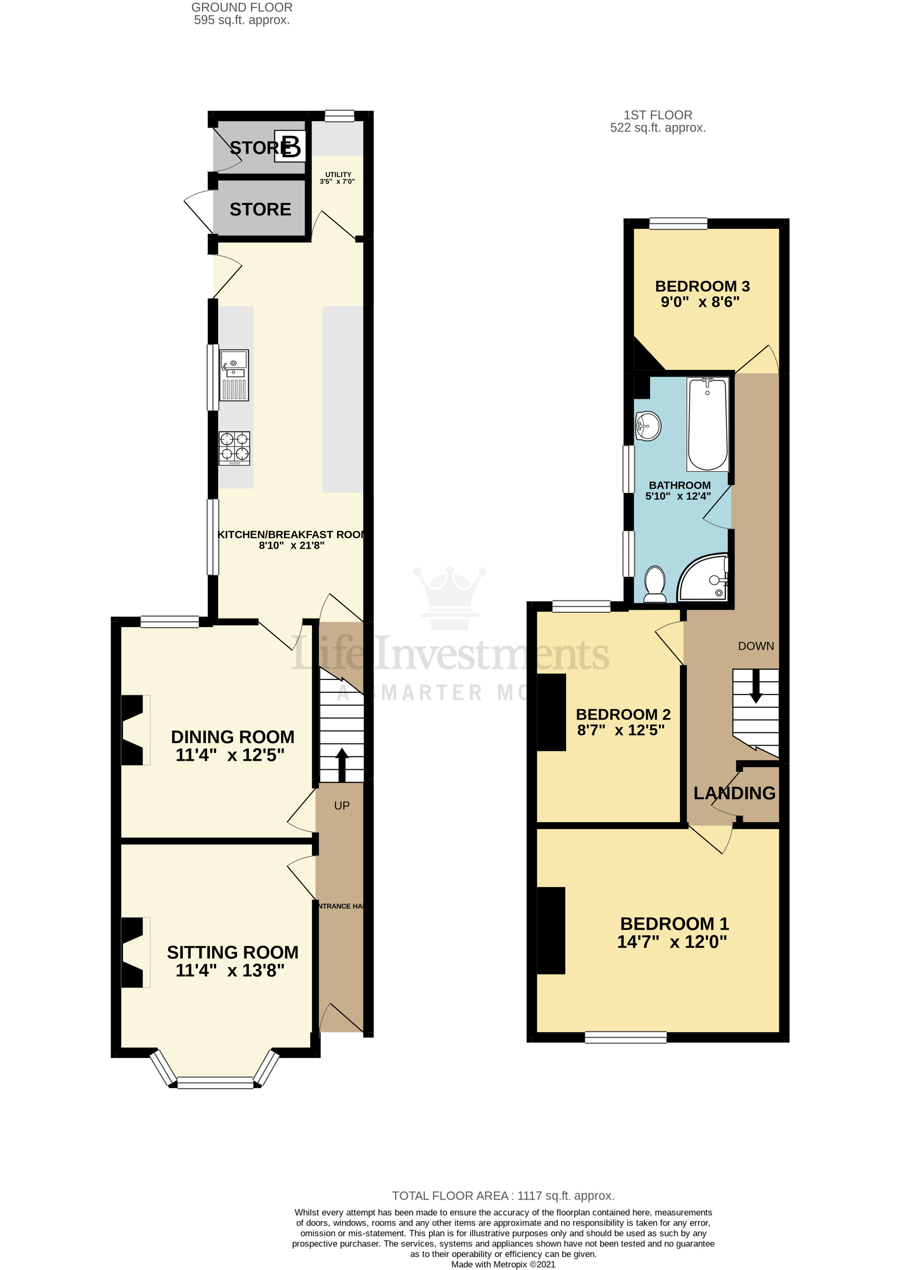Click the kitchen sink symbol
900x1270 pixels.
click(234, 375)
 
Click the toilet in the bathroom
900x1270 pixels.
click(655, 584)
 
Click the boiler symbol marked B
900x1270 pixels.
click(290, 147)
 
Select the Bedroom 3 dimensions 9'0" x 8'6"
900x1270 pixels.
click(700, 302)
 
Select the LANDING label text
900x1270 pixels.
click(734, 793)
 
